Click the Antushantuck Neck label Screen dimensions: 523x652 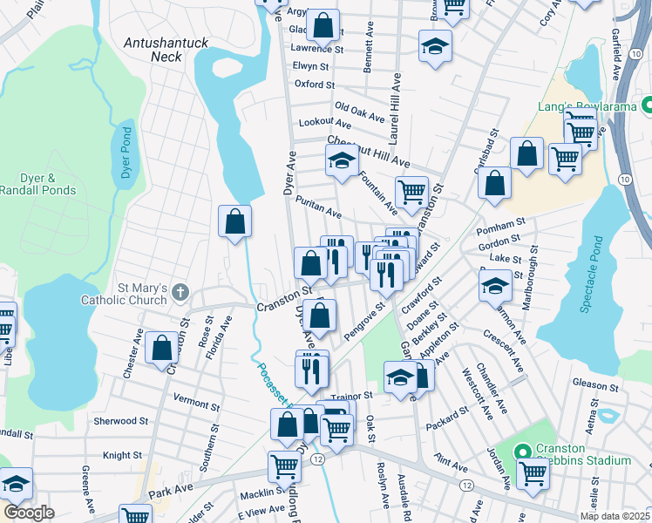tap(153, 49)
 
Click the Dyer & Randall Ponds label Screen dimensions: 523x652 tap(37, 184)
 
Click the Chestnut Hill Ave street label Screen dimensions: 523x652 tap(368, 151)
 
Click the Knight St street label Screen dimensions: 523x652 tap(122, 455)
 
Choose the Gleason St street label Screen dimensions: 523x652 tap(595, 384)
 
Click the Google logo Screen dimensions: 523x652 tap(29, 512)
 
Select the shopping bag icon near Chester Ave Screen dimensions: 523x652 tap(162, 347)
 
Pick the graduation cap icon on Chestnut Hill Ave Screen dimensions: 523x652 tap(343, 159)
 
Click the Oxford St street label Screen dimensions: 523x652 tap(314, 85)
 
